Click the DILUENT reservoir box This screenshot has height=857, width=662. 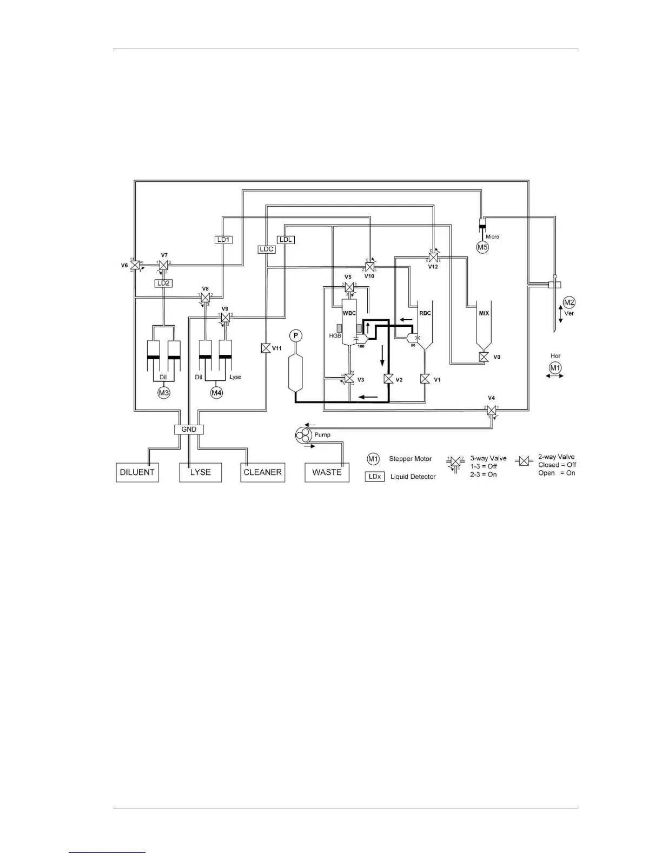point(137,472)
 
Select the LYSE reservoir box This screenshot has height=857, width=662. point(200,472)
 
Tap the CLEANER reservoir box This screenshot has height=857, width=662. point(263,472)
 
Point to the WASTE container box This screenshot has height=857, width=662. point(327,472)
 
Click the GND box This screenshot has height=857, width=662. point(189,429)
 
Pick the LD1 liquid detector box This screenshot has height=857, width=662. point(223,239)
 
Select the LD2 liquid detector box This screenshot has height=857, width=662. point(163,283)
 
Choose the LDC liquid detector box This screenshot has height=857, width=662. point(267,249)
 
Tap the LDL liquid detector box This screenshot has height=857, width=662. point(286,239)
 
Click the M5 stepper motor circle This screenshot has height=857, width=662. point(482,247)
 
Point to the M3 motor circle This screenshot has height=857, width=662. point(163,392)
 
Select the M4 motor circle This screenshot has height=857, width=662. point(216,392)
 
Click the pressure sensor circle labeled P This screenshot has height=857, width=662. point(295,336)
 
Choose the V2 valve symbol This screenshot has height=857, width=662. point(388,379)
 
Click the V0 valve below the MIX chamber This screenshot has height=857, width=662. point(484,357)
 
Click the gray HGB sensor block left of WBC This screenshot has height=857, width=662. point(339,328)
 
